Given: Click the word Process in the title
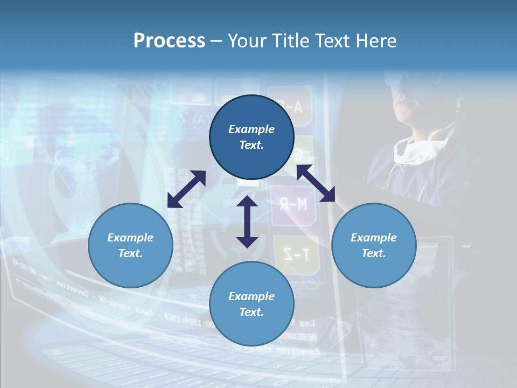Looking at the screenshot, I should [x=169, y=41].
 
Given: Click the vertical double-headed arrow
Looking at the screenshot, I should [x=247, y=222].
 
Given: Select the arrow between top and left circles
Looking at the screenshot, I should [x=186, y=189].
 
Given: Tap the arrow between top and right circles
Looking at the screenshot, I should [x=316, y=184].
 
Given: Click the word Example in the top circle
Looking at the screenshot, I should [x=251, y=129].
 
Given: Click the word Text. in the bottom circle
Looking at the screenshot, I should [x=251, y=312].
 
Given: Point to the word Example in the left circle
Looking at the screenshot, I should [x=130, y=238].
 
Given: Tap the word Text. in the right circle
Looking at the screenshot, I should [x=374, y=253].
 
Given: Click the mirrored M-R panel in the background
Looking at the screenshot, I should [x=294, y=204].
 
